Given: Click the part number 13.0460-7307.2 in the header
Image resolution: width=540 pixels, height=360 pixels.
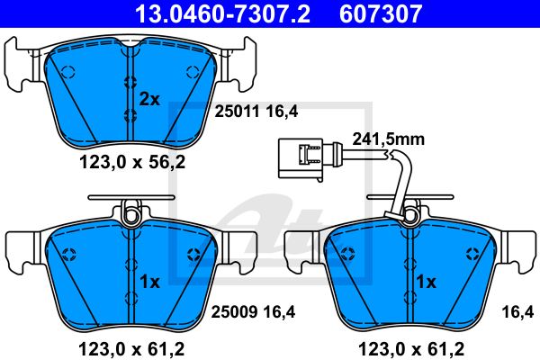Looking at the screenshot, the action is click(x=223, y=13).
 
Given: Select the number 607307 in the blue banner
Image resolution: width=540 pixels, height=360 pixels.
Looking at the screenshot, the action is click(x=381, y=13).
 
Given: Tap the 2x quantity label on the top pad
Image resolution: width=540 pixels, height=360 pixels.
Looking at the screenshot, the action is click(x=149, y=100).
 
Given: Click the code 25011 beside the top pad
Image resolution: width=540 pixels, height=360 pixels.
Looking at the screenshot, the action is click(x=237, y=112).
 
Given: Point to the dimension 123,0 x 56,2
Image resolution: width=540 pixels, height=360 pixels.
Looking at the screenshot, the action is click(x=132, y=162).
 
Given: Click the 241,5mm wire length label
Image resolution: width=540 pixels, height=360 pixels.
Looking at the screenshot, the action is click(x=389, y=139).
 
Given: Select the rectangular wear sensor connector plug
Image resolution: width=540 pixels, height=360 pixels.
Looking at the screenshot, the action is click(x=301, y=158).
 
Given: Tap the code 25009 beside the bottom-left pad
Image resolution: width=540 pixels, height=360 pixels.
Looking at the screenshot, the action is click(x=234, y=311).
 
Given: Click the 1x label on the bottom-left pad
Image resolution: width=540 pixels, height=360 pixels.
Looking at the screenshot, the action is click(x=149, y=282).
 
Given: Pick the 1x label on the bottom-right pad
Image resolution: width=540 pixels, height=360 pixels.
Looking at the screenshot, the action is click(x=427, y=282).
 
